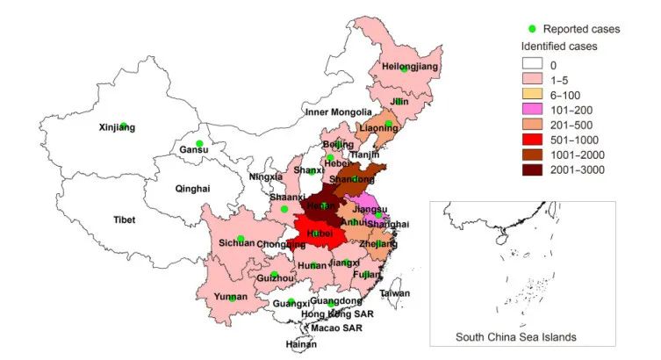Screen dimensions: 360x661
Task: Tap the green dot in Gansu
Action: [199, 143]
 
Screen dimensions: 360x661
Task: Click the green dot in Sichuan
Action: [241, 239]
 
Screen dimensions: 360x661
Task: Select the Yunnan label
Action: [230, 297]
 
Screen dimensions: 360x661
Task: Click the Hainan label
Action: [301, 345]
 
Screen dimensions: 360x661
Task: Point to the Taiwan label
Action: [395, 293]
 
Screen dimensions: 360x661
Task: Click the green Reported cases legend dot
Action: [531, 29]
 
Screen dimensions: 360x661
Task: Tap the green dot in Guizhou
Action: [274, 275]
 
